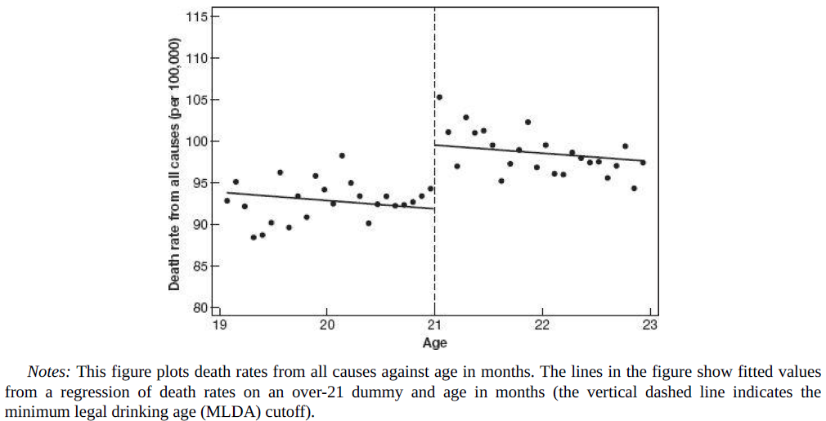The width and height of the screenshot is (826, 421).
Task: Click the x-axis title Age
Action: (x=434, y=343)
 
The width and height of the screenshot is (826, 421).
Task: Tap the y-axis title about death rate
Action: (x=174, y=162)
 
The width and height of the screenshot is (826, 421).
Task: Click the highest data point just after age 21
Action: (x=439, y=96)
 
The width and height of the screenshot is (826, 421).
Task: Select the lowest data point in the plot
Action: (x=254, y=237)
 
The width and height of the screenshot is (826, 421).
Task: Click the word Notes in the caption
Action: (x=46, y=371)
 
